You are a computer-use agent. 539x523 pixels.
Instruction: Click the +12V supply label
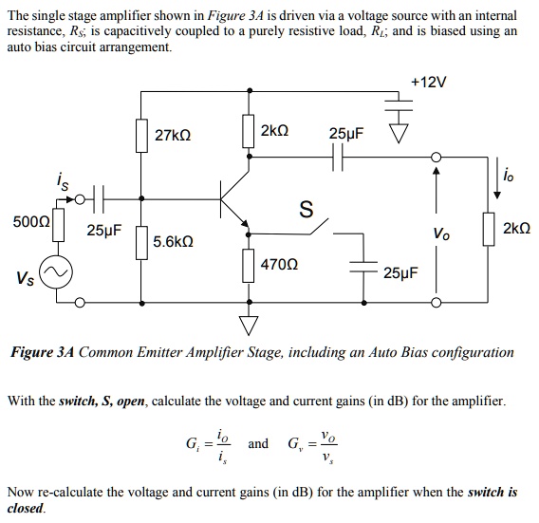point(428,83)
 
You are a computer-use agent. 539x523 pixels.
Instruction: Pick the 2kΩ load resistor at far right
point(491,229)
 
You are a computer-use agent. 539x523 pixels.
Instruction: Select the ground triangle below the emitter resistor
point(250,327)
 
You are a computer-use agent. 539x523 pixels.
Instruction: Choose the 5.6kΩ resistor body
point(141,243)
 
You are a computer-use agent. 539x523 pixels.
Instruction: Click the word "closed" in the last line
point(26,508)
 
